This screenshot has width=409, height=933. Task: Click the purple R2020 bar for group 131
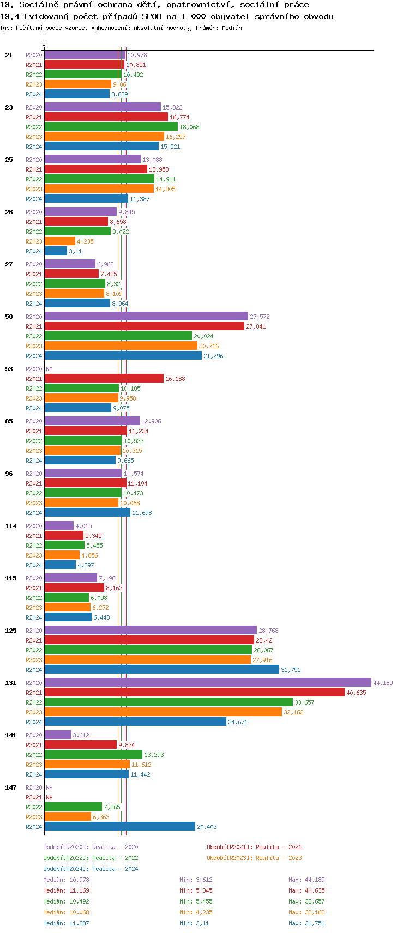pos(207,682)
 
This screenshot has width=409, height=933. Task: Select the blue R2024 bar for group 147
pos(119,826)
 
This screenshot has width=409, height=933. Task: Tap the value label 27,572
pos(260,317)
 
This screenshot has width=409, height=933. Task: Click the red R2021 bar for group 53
pos(104,378)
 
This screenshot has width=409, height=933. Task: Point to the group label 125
pos(11,631)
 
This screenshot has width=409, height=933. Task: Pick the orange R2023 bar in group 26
pos(59,241)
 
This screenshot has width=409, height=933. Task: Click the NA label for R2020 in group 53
pos(49,369)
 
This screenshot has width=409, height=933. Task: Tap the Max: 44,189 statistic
pos(306,880)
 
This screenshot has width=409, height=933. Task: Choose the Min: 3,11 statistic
pos(194,923)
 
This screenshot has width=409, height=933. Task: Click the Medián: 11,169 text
pos(66,890)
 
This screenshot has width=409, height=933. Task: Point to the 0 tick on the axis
pos(44,45)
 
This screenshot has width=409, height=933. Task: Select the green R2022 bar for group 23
pos(111,126)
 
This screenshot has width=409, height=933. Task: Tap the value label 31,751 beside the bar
pos(291,670)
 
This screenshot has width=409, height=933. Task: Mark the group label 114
pos(11,526)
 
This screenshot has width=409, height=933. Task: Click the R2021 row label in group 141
pos(34,745)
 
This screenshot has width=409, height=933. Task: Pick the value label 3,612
pos(81,735)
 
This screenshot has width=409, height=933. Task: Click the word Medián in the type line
pos(232,28)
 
